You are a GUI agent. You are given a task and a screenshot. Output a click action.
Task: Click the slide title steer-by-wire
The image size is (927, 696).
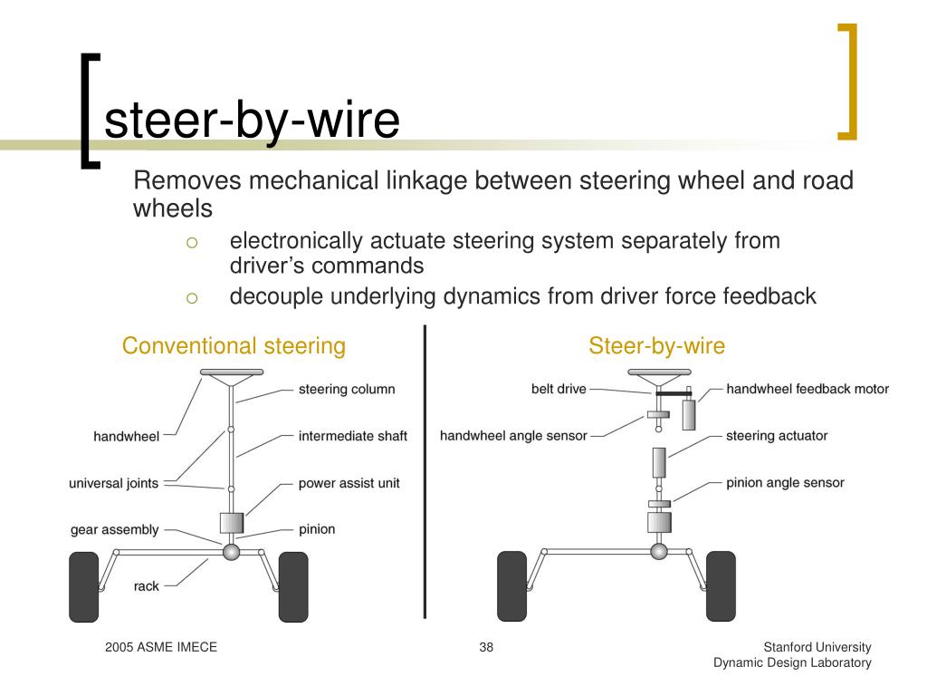point(252,121)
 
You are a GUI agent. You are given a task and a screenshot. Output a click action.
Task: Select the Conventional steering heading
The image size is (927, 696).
point(234,345)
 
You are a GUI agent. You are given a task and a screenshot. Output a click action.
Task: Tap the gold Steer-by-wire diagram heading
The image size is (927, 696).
point(656,345)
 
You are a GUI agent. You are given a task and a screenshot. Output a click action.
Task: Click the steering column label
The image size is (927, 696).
point(347,390)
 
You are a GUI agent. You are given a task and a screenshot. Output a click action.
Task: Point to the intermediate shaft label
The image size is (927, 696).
point(352,436)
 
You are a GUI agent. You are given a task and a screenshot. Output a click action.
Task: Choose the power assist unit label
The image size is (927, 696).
point(349,483)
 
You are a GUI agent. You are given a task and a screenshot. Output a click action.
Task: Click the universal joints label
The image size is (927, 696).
point(113,483)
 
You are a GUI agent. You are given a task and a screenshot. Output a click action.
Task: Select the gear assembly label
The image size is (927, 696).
point(114,529)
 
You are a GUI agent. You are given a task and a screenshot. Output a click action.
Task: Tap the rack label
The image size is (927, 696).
point(146,586)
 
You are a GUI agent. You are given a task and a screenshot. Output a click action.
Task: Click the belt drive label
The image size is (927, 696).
point(559,390)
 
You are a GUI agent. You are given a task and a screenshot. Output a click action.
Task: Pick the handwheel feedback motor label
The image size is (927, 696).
point(808,390)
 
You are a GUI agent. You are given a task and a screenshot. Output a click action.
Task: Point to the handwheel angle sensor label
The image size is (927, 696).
point(513,436)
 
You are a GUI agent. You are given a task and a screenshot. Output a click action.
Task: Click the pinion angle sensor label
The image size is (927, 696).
point(785,483)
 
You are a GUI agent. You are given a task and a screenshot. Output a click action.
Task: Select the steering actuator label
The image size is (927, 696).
point(777,436)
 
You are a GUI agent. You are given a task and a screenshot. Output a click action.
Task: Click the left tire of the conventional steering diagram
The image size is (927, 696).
point(84,586)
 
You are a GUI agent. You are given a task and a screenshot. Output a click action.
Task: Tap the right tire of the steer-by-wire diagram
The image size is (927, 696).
point(721,586)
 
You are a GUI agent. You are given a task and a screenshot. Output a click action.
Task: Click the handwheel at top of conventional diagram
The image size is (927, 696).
point(231,372)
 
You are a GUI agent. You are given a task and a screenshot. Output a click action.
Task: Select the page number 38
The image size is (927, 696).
point(486,647)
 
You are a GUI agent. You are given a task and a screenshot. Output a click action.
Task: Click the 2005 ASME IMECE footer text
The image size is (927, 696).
point(161,647)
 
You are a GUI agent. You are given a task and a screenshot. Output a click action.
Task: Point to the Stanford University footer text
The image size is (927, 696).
point(817,647)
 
